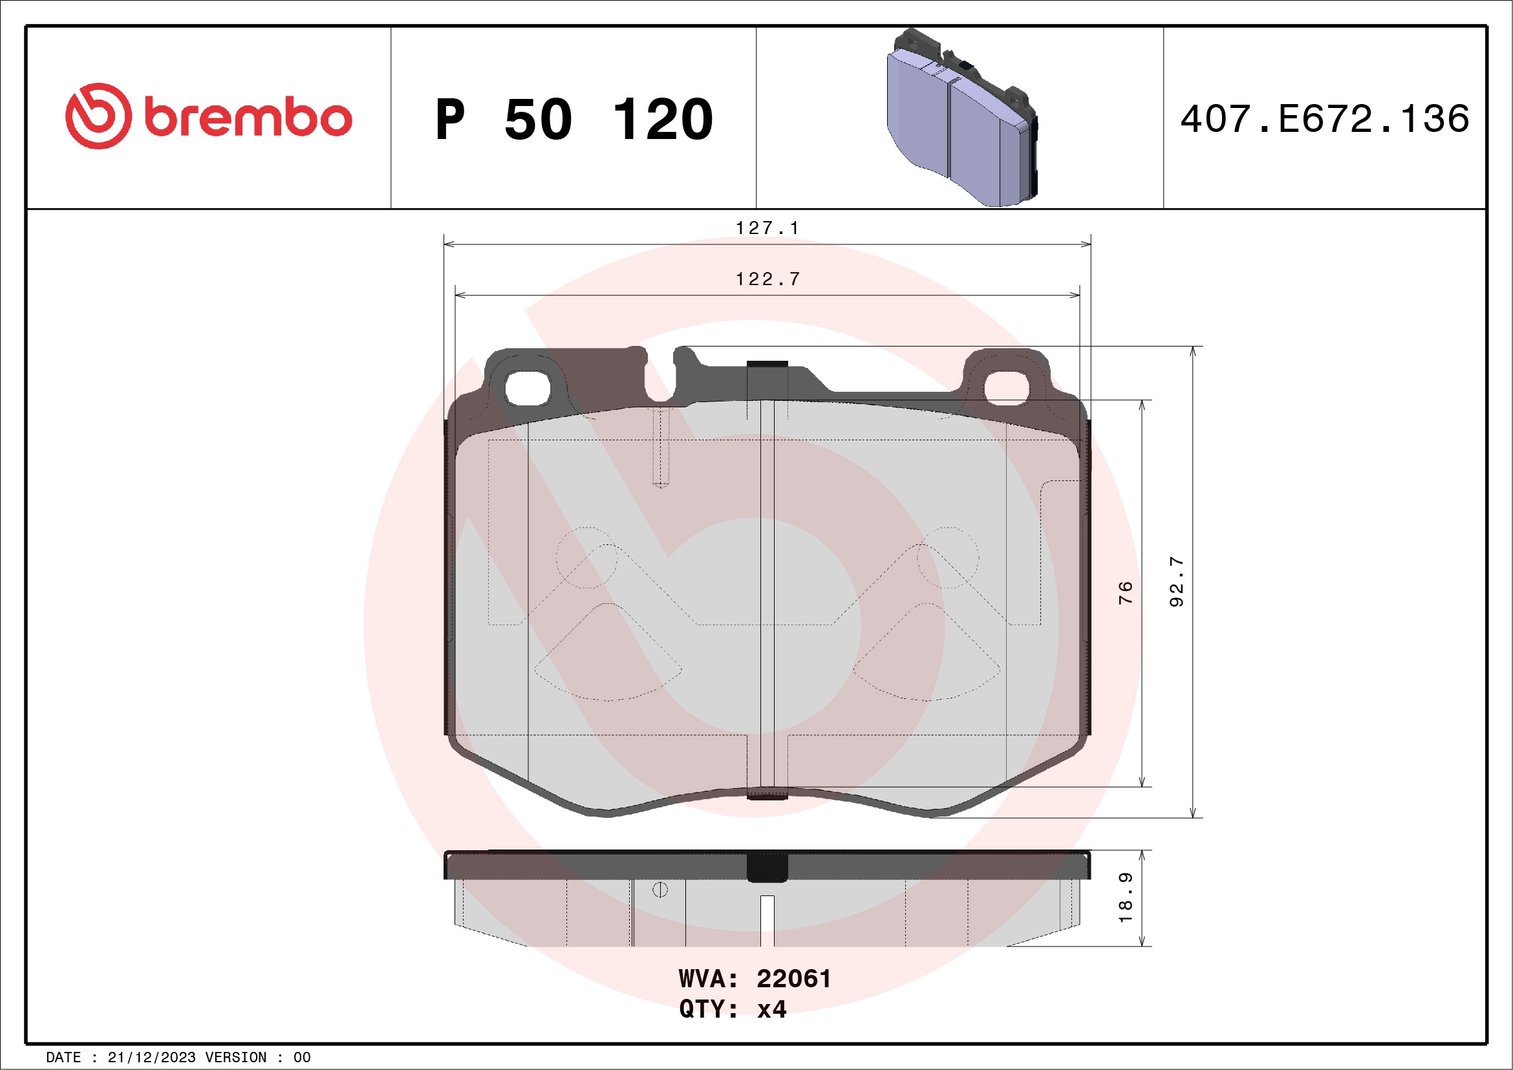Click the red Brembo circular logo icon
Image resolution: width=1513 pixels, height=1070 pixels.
(98, 116)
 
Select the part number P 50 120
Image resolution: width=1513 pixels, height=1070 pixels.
(574, 119)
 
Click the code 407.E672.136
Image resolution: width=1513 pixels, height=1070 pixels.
(1325, 118)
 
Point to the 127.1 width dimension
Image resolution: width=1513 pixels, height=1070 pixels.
(767, 228)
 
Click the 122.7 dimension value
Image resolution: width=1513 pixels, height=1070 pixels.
(767, 279)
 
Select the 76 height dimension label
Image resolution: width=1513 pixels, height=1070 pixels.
(1126, 592)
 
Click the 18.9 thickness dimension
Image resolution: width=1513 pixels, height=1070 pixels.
(1126, 897)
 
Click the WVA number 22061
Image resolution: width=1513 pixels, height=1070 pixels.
(793, 979)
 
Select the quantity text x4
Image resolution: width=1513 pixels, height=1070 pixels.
(771, 1009)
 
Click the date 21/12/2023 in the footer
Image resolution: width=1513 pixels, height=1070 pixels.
(151, 1058)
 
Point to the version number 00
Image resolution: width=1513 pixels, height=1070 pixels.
(302, 1058)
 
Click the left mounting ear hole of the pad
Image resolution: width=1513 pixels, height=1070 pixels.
(528, 388)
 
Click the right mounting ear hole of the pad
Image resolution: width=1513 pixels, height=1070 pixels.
(1006, 388)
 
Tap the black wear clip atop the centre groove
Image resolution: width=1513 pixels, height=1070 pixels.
(767, 367)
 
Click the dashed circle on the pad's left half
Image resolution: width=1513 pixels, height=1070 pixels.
(586, 557)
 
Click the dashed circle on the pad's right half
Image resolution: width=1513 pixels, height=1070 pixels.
(949, 557)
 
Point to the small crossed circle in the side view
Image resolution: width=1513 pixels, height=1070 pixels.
(660, 890)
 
